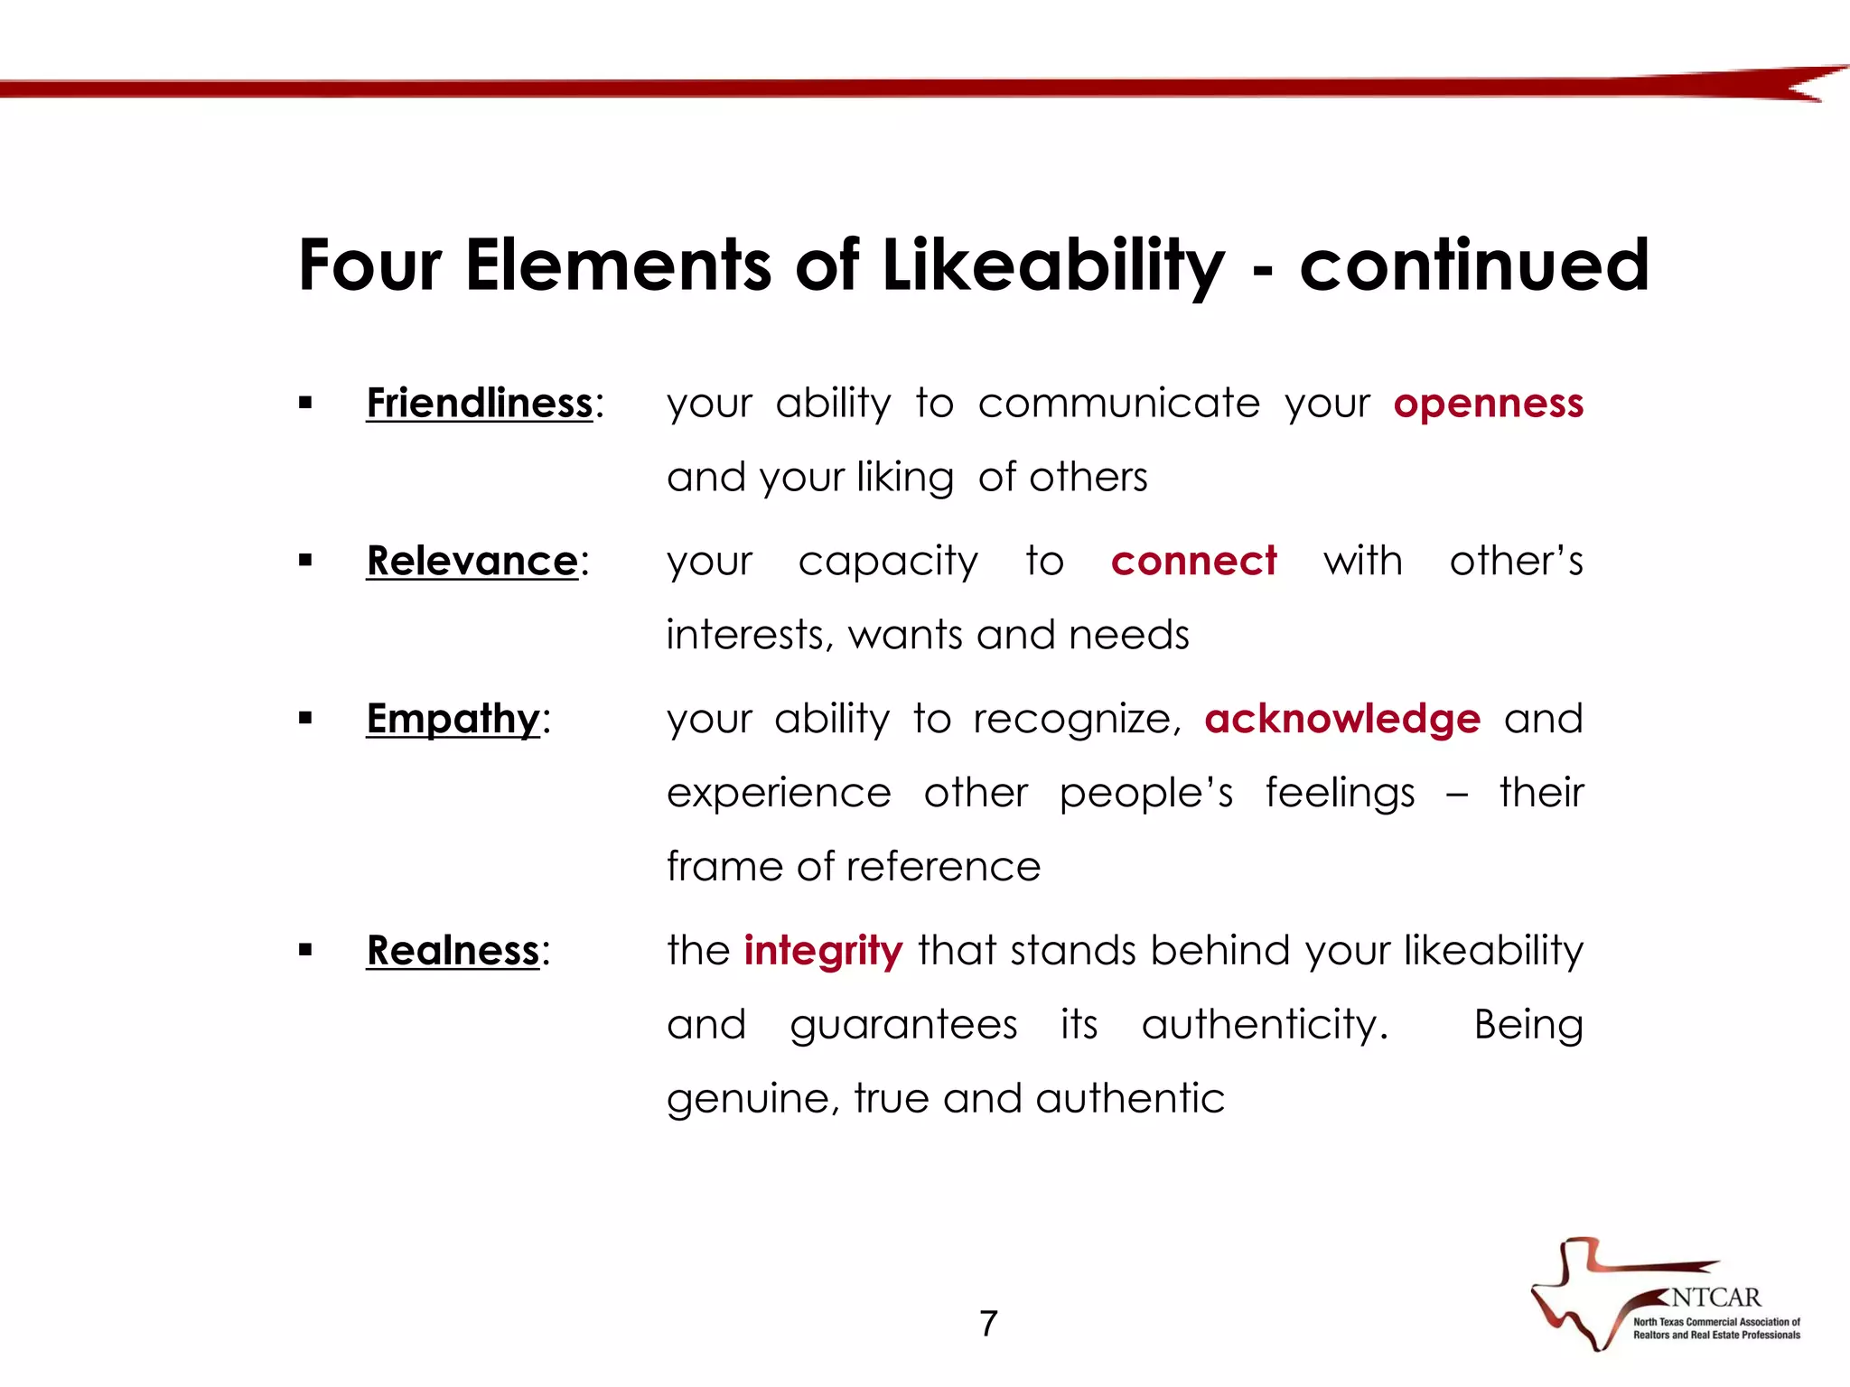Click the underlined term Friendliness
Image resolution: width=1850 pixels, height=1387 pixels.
[x=479, y=403]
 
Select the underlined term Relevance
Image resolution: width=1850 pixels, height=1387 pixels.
[x=472, y=561]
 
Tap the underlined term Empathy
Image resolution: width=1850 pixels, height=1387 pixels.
[x=453, y=719]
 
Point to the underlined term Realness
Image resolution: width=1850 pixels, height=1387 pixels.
[x=453, y=951]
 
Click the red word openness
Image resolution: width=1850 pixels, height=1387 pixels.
[x=1488, y=404]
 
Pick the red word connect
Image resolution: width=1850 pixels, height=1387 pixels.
[x=1193, y=561]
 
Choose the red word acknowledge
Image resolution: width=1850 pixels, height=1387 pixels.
[x=1342, y=719]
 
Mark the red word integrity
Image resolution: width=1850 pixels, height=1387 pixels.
[x=823, y=951]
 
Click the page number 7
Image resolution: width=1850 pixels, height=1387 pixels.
[x=988, y=1324]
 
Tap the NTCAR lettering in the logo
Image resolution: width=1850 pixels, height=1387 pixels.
[x=1715, y=1298]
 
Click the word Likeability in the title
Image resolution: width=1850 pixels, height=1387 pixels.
[x=1053, y=265]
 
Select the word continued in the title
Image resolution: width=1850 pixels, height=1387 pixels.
[x=1474, y=265]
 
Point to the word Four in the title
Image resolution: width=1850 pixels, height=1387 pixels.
[x=370, y=265]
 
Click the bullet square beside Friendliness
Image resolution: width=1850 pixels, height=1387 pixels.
[x=305, y=404]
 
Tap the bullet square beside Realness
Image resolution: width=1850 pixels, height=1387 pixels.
[x=305, y=951]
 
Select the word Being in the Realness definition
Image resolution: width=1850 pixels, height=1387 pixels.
[x=1528, y=1025]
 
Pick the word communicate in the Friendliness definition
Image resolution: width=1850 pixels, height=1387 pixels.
[x=1118, y=404]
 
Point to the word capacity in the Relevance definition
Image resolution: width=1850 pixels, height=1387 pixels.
[x=888, y=562]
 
